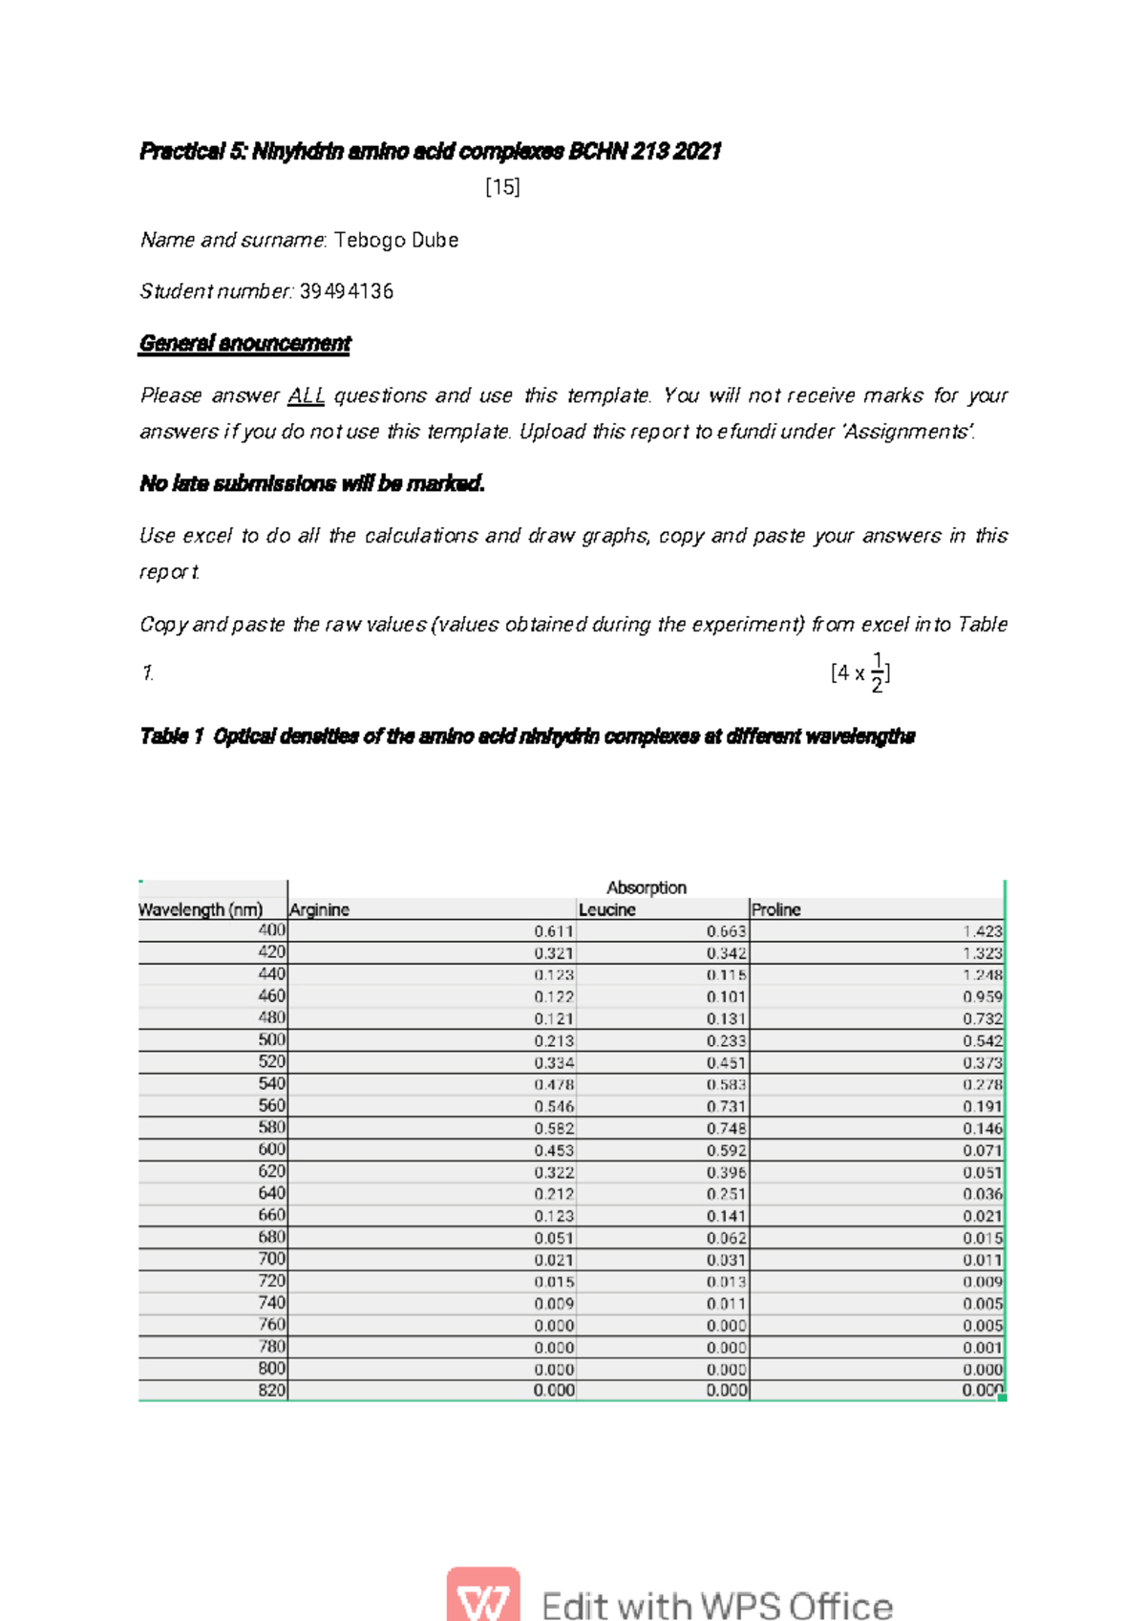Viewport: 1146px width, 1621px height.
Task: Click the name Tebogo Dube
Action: [395, 240]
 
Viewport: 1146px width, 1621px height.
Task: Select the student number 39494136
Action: [346, 291]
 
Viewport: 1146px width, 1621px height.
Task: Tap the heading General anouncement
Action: [244, 343]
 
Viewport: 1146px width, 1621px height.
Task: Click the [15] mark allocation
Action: [502, 186]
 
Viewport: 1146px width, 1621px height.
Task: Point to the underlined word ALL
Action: [306, 395]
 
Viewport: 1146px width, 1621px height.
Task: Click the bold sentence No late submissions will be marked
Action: [312, 484]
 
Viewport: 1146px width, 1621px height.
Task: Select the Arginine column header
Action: [320, 910]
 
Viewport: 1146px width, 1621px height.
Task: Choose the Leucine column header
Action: [607, 910]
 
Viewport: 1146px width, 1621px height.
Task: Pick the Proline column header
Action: [776, 910]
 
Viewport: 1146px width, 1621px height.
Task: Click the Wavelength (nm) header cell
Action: [202, 910]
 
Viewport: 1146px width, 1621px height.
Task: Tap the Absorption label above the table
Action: [646, 887]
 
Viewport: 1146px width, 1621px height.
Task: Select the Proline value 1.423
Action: [982, 931]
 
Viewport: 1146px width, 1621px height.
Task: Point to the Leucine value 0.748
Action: [727, 1129]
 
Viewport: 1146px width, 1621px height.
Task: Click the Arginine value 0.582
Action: [554, 1129]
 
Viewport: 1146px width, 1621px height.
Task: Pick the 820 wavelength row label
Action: [271, 1391]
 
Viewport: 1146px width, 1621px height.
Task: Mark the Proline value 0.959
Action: [982, 997]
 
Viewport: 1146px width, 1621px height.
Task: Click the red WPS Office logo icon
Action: [483, 1596]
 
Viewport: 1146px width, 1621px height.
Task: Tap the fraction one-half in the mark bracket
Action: [878, 672]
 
